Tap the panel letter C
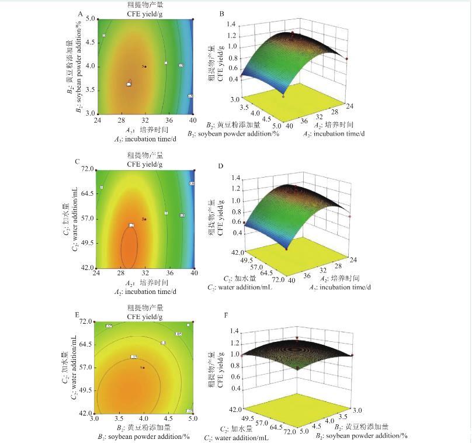[x=77, y=162]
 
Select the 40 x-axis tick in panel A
[x=193, y=120]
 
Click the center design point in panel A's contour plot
[x=145, y=67]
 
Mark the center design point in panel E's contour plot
[x=144, y=367]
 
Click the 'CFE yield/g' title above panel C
[x=144, y=164]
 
